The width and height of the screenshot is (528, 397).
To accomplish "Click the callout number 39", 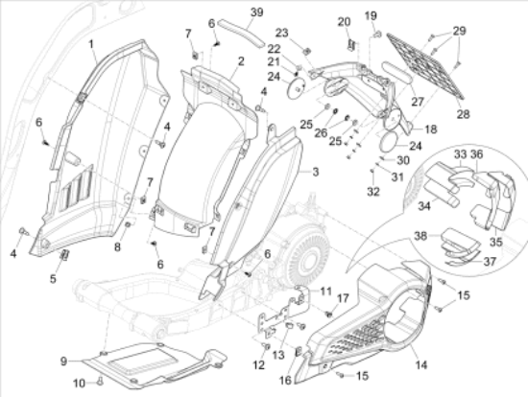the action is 257,12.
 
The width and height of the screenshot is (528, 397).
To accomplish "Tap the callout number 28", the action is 463,114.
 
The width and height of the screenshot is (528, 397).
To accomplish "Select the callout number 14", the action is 420,364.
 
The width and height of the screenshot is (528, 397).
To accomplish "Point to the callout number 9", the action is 63,362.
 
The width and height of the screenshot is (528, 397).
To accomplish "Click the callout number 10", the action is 79,384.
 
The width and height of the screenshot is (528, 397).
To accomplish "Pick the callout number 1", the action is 91,44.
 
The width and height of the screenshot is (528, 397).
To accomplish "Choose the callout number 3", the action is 315,172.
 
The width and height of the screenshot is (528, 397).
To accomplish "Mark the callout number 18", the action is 431,129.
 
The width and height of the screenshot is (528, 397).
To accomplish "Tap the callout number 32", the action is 373,192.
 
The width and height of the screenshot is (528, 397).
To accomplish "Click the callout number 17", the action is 343,298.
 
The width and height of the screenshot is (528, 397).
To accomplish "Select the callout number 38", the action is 420,236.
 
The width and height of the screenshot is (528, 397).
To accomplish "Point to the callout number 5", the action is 53,279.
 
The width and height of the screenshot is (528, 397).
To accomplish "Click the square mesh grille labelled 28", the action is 426,66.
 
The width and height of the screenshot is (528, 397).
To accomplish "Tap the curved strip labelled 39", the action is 241,33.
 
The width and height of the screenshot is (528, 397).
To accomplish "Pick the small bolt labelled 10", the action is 99,382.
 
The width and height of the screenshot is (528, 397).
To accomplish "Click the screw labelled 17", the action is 329,314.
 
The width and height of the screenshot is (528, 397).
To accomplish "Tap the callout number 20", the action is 344,22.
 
